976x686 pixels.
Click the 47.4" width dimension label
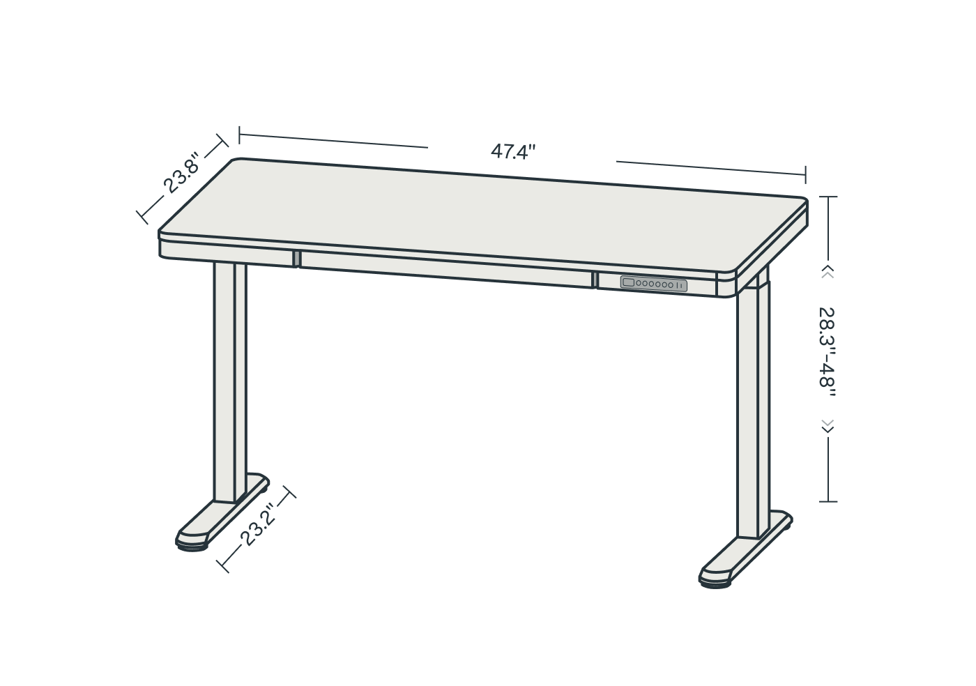point(513,152)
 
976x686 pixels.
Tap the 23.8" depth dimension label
point(182,173)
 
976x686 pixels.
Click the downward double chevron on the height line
point(828,426)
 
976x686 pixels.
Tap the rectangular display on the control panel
point(628,282)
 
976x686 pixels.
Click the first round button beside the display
point(639,283)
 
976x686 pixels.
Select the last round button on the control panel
point(671,285)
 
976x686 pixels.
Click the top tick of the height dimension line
point(828,197)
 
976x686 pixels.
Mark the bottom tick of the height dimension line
point(828,502)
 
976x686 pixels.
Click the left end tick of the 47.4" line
point(239,135)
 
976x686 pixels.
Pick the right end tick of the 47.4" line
point(806,175)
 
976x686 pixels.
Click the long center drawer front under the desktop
point(445,270)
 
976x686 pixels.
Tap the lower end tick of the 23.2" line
point(223,566)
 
